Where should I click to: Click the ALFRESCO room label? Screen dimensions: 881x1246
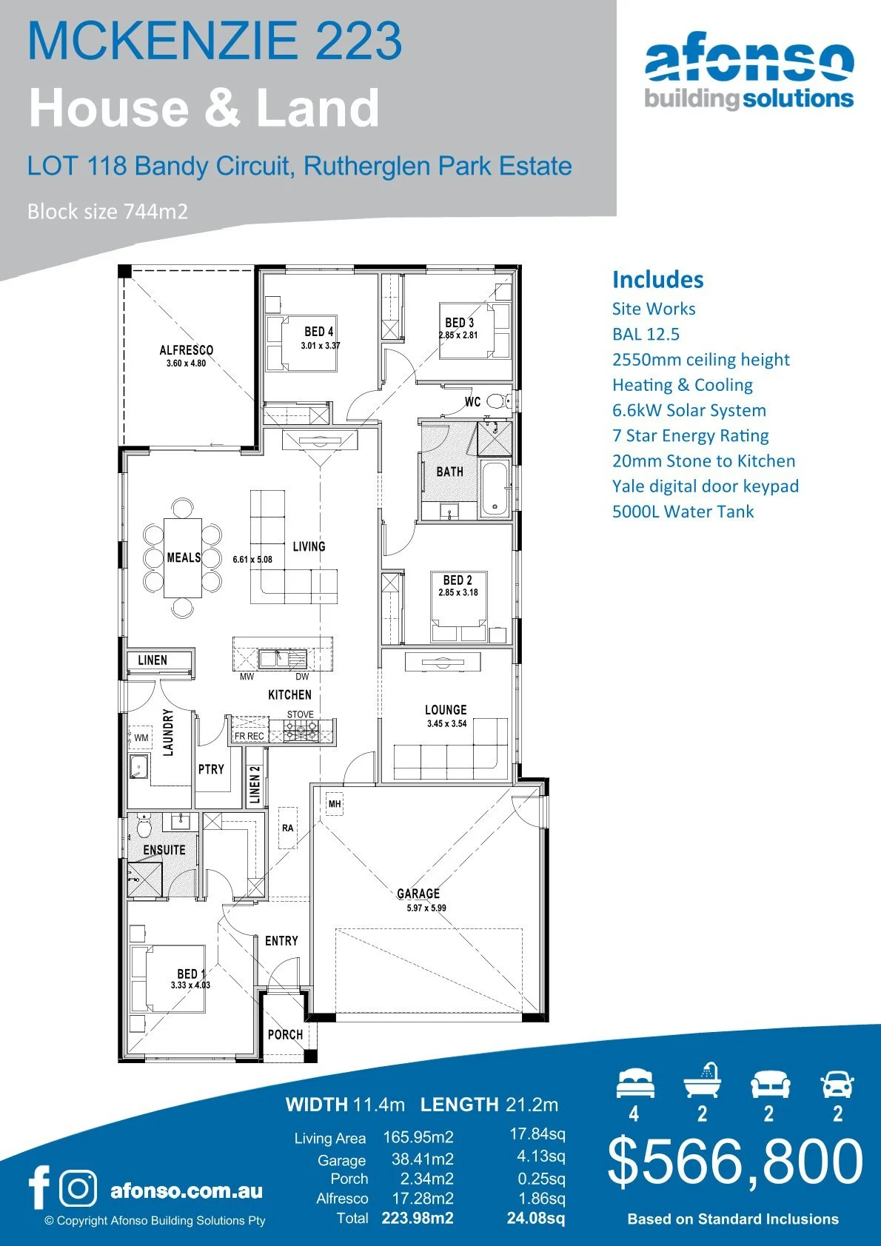(187, 350)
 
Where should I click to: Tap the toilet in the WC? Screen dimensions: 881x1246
(497, 402)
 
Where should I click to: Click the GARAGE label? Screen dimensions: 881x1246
(418, 894)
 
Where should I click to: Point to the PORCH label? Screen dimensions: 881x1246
(285, 1034)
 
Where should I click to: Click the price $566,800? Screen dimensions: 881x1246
(735, 1161)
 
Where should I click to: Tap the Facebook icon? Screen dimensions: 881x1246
(38, 1187)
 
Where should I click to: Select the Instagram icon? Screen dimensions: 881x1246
(78, 1188)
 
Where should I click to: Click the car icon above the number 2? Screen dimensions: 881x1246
(837, 1085)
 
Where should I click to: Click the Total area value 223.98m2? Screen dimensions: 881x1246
(418, 1218)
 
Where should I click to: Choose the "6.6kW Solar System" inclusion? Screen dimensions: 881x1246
(689, 410)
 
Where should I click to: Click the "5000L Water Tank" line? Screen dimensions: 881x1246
(683, 512)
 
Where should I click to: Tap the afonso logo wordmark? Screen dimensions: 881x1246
(749, 62)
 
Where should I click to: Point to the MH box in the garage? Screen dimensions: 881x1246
(335, 803)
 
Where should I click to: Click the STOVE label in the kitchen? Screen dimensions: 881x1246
(301, 714)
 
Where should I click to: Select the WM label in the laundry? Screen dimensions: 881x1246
(141, 737)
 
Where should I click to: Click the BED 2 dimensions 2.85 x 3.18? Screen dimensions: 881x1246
(458, 592)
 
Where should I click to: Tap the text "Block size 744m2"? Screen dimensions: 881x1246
(107, 212)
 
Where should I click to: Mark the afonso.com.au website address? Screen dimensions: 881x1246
(186, 1191)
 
